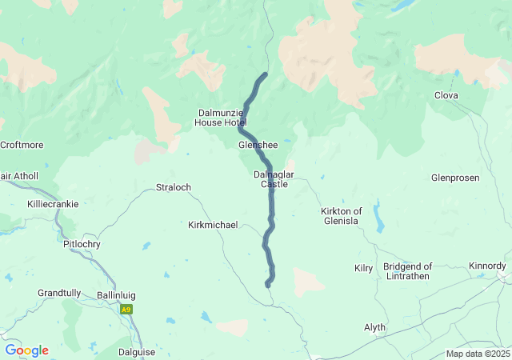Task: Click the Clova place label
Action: (446, 95)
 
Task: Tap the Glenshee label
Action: (258, 145)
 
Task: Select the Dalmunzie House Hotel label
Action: (220, 118)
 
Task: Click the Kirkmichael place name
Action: (213, 225)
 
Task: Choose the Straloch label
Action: (174, 187)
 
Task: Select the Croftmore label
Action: (22, 145)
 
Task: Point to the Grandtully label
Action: (59, 294)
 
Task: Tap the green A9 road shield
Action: (126, 309)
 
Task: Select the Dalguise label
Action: (137, 351)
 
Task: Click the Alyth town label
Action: (374, 327)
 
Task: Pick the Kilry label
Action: (363, 268)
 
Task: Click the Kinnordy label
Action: (487, 265)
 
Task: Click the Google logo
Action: (26, 350)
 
